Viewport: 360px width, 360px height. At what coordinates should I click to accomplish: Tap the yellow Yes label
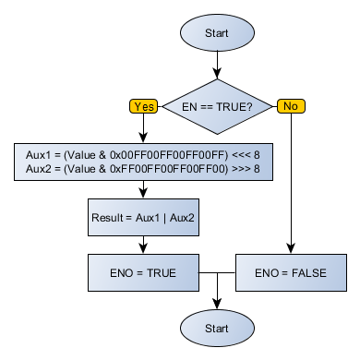point(145,106)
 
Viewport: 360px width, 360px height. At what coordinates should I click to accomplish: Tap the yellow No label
point(291,106)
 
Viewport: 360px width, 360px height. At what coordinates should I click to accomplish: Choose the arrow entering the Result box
point(143,191)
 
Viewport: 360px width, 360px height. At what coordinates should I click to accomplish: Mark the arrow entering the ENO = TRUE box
point(143,246)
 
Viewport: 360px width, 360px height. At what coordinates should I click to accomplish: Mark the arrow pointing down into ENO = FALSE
point(291,245)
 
